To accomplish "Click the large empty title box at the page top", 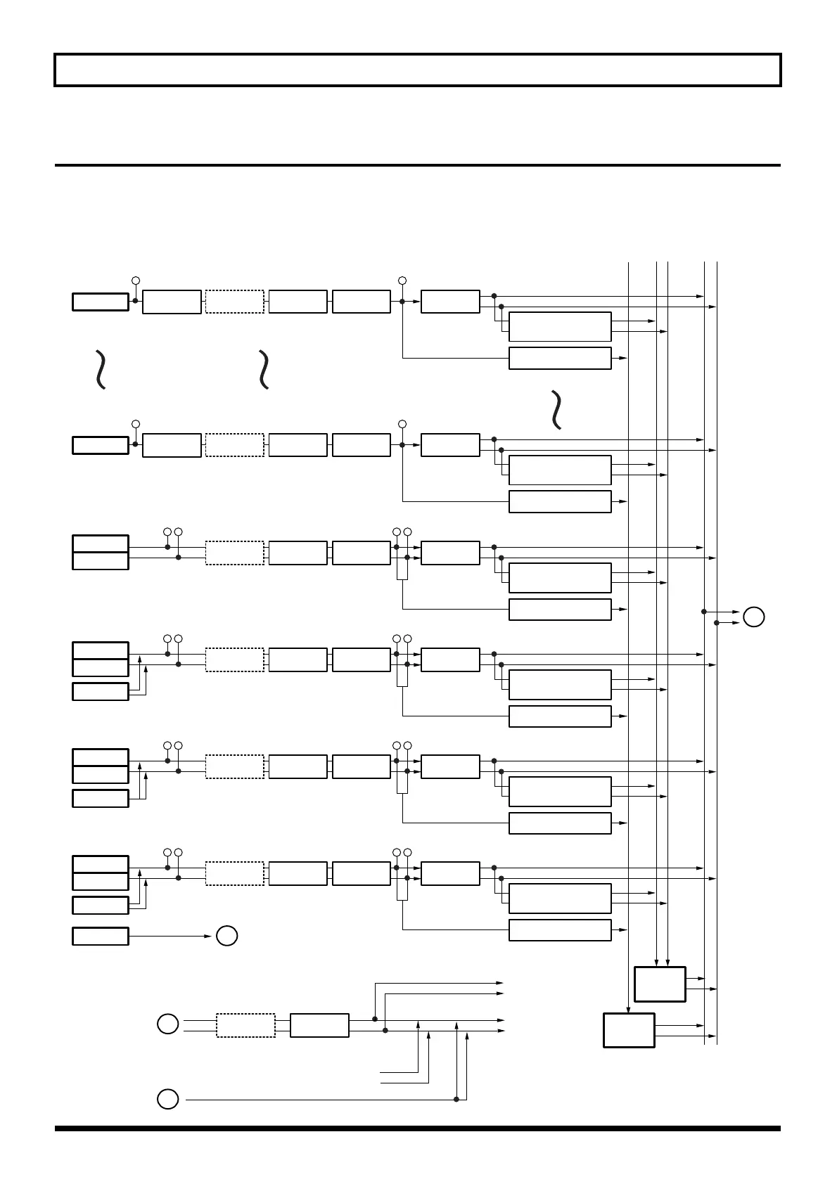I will pos(418,70).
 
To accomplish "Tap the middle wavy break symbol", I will pos(264,369).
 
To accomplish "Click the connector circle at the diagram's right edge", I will pos(753,617).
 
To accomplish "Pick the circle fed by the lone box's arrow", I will pos(226,936).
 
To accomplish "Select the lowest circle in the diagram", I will pos(167,1098).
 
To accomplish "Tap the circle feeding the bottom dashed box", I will pos(167,1024).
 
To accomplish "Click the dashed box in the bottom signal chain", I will pos(245,1025).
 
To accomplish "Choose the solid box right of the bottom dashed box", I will pos(319,1025).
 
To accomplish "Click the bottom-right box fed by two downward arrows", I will pos(660,984).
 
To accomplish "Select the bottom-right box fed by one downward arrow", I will pos(629,1030).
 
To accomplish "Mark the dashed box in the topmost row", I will pos(234,301).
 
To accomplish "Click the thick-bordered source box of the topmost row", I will pos(101,302).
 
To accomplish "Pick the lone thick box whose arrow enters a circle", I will pos(101,936).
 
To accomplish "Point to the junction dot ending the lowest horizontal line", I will pos(456,1099).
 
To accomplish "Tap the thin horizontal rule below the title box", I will pos(418,165).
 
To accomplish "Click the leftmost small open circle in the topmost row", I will pos(136,281).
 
